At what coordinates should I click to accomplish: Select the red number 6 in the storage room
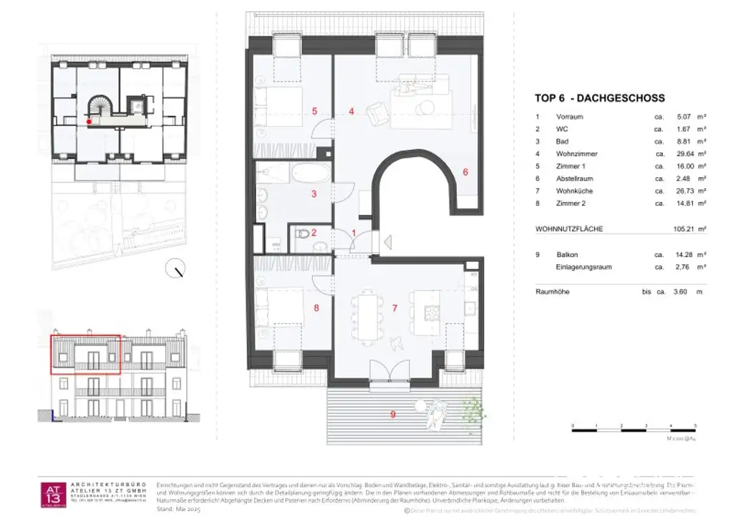(465, 172)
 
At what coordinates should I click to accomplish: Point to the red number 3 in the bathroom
(313, 193)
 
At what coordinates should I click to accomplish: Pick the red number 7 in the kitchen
(394, 309)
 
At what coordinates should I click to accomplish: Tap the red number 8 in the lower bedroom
(316, 309)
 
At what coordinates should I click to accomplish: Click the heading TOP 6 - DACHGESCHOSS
(600, 98)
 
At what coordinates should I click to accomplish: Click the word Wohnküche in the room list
(574, 191)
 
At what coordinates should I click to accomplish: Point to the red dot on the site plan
(89, 123)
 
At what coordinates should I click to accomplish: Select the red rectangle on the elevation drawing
(85, 354)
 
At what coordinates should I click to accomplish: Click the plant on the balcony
(473, 411)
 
